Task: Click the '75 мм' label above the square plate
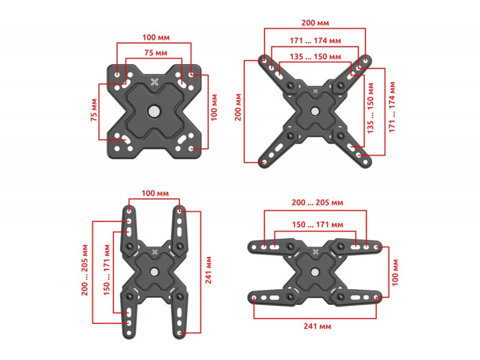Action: (x=156, y=53)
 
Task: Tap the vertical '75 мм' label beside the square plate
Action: (x=94, y=110)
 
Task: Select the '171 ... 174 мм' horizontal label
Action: (x=316, y=41)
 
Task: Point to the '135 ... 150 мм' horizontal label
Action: (x=316, y=56)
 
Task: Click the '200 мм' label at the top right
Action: (x=315, y=23)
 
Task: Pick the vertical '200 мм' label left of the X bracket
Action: (x=238, y=107)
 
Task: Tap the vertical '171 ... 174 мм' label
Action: (x=392, y=107)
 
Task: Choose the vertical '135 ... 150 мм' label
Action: (x=370, y=108)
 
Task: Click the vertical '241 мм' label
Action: (x=209, y=270)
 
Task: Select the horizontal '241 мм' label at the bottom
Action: (x=317, y=326)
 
